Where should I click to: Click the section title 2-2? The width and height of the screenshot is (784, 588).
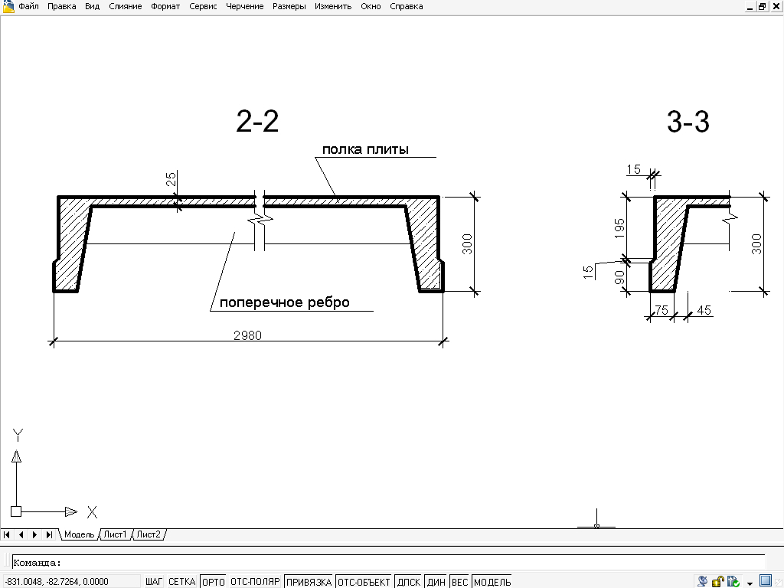tap(257, 122)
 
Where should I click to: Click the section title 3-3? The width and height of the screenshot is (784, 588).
tap(688, 122)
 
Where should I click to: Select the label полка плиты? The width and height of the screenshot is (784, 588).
tap(364, 149)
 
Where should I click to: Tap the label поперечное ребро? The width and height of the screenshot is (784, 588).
tap(284, 302)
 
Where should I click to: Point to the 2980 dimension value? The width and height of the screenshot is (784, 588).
tap(247, 335)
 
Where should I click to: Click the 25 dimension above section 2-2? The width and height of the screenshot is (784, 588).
tap(171, 179)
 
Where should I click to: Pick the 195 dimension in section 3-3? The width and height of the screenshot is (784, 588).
tap(619, 227)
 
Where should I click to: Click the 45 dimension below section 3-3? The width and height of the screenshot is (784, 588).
tap(704, 310)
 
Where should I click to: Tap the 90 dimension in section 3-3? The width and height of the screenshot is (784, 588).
tap(619, 278)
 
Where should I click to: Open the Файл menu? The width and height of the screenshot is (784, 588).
tap(29, 6)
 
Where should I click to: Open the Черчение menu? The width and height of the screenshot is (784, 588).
tap(245, 6)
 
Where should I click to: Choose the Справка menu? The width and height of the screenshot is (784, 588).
tap(406, 6)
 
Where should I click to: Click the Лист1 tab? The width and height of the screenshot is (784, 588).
tap(116, 534)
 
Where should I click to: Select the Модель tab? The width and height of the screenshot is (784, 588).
tap(79, 534)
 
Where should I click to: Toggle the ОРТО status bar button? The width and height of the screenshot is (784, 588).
tap(213, 582)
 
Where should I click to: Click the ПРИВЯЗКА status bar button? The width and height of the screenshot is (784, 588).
tap(309, 582)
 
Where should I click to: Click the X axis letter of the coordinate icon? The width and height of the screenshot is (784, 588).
tap(92, 512)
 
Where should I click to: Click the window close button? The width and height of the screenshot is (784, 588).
tap(776, 6)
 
